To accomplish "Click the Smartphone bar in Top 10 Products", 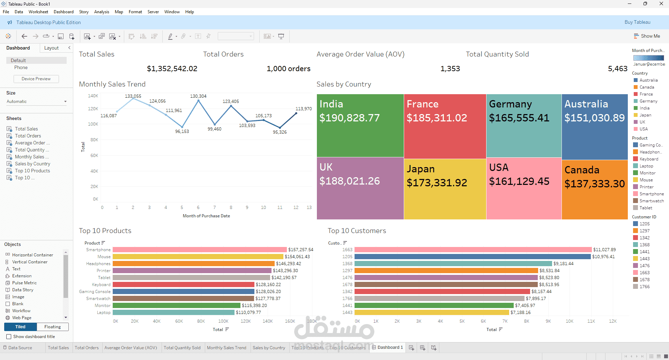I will (x=199, y=250).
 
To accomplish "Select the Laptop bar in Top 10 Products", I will (x=173, y=313).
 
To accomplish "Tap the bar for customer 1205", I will (x=473, y=257).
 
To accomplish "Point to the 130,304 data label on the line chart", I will (x=198, y=96).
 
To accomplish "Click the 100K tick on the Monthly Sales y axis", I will (x=93, y=124).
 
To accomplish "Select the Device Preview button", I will (x=36, y=79).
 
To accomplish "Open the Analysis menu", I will (x=102, y=12).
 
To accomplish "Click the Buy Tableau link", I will (x=637, y=22).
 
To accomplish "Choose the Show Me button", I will (x=647, y=36).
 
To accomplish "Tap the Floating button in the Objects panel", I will (x=52, y=327).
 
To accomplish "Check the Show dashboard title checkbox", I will (x=9, y=337).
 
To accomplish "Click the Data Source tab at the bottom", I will (x=20, y=348).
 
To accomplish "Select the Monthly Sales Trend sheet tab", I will (x=226, y=348).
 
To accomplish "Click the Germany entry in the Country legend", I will (x=648, y=101).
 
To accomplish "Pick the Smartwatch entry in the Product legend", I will (x=651, y=201).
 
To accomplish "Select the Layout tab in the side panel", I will (x=51, y=48).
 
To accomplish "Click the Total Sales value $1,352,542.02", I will (x=172, y=69).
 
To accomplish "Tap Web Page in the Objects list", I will (x=22, y=318).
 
